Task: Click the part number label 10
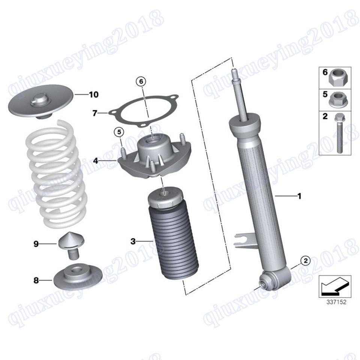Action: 94,94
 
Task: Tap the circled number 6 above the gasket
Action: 141,81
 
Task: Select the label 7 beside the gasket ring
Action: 95,113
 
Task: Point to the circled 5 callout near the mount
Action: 119,132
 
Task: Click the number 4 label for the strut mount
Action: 96,161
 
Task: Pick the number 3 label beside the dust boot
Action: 133,241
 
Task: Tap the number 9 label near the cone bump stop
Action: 36,244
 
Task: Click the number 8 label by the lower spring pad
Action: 36,280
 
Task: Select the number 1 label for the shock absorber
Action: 299,196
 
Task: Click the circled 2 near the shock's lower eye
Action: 306,261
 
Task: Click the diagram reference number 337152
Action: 336,301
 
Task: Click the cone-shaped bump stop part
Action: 71,246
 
